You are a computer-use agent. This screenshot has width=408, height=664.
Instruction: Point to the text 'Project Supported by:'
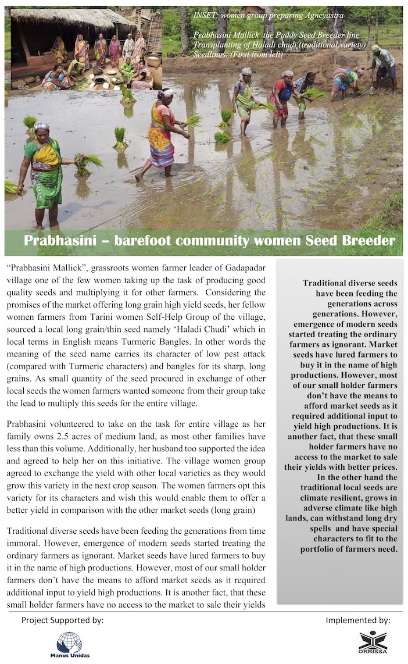[x=62, y=620]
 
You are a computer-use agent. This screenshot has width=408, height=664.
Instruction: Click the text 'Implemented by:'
[x=357, y=620]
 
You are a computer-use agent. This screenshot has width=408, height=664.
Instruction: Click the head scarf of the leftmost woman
[x=41, y=126]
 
